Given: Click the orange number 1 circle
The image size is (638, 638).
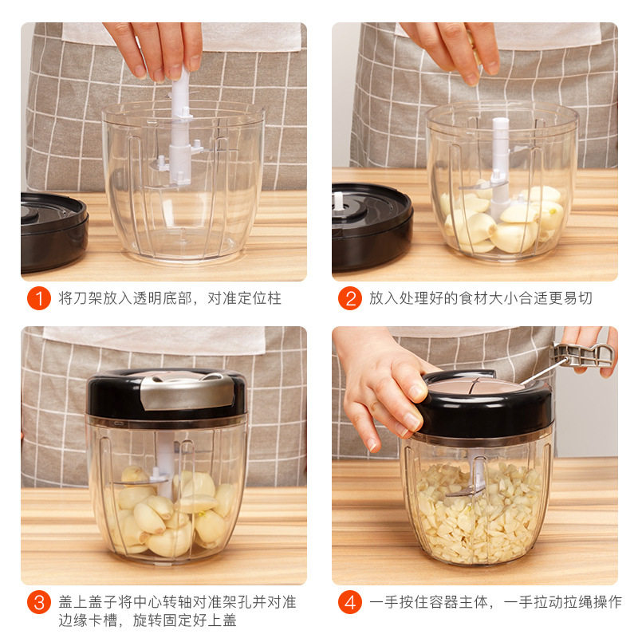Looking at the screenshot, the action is tap(39, 298).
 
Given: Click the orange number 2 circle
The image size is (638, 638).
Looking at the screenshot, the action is tap(350, 298).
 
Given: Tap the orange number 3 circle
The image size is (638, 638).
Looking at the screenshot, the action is tap(39, 603).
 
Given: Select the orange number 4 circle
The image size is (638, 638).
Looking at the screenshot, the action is tap(350, 603).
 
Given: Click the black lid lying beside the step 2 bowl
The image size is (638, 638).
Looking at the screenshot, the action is tap(371, 226).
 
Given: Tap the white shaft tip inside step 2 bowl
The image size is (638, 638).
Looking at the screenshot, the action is tap(501, 122).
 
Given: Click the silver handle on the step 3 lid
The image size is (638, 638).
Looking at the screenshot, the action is tap(187, 391).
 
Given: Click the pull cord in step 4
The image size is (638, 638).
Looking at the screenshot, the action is tap(543, 372).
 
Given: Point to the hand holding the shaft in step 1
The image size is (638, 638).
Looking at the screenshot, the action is tap(156, 49).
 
